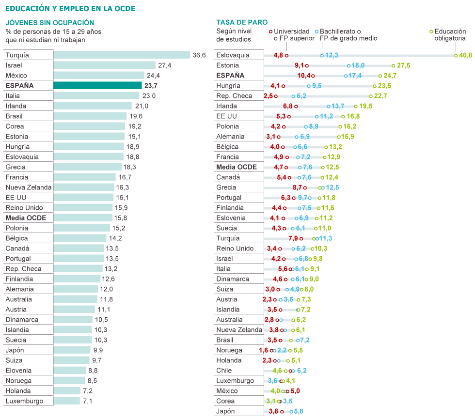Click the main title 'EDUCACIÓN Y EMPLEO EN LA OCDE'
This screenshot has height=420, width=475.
coord(70,9)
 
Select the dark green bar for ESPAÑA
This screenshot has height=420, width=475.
coord(97,86)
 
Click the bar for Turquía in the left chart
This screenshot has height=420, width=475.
coord(121,55)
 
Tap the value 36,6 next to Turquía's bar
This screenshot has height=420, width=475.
coord(199,55)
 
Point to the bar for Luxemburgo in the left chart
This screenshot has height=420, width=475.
coord(66,401)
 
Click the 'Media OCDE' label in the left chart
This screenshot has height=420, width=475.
coord(26,218)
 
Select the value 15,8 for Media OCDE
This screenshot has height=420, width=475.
coord(120,218)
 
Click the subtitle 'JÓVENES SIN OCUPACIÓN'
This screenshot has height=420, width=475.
coord(50,23)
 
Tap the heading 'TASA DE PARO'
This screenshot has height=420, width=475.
coord(242,22)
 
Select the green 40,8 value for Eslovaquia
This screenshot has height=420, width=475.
coord(466,55)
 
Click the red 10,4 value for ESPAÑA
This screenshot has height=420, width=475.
coord(304,76)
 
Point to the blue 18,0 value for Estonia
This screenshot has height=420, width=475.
coord(358,65)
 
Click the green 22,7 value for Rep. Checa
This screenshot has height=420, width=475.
coord(380,96)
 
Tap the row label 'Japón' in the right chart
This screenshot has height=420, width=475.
coord(225,411)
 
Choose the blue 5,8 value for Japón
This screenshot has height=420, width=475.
coord(298,411)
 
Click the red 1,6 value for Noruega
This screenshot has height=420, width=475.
coord(263,350)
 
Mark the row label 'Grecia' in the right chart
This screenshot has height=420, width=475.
coord(226,187)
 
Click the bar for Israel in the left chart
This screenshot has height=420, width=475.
coord(104,65)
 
